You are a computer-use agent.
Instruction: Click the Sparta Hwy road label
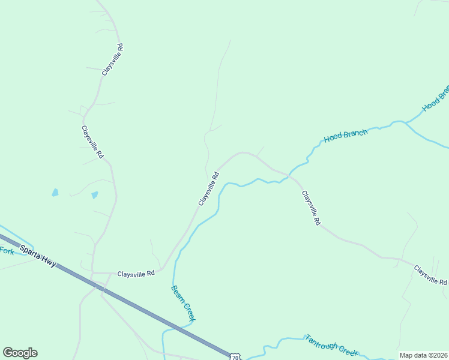click(38, 256)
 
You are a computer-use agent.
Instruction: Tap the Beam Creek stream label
click(183, 303)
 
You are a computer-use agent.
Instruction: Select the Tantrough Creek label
click(331, 347)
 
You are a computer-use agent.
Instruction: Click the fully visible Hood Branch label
click(346, 136)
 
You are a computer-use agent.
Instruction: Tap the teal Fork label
click(7, 251)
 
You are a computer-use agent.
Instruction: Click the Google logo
click(20, 353)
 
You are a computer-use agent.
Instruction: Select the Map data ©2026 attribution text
click(424, 355)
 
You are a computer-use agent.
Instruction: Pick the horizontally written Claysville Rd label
click(136, 273)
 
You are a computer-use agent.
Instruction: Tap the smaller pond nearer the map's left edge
click(55, 193)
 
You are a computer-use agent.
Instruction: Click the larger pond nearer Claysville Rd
click(94, 195)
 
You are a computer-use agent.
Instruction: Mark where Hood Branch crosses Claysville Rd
click(289, 176)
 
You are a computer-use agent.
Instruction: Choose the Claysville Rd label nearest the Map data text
click(430, 275)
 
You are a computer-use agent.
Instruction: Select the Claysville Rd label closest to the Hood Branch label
click(310, 208)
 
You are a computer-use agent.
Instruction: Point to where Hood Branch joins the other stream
click(405, 123)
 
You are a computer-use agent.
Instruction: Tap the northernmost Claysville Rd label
click(112, 59)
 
